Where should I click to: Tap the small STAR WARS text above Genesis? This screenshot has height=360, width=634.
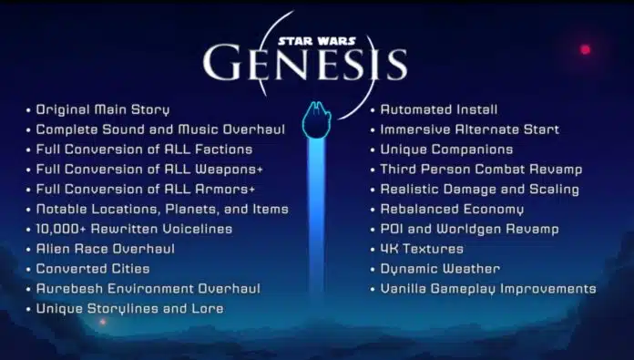(x=312, y=40)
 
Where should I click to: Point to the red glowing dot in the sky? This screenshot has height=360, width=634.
(x=585, y=49)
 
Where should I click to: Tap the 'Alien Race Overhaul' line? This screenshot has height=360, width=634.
(x=105, y=249)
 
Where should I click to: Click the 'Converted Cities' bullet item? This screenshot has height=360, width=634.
(x=93, y=269)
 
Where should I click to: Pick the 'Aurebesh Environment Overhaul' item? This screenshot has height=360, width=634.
(x=148, y=289)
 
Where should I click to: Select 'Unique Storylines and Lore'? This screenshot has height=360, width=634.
(x=129, y=309)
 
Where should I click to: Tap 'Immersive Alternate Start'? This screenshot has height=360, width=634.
(x=469, y=129)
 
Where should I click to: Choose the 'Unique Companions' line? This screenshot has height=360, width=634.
(x=446, y=149)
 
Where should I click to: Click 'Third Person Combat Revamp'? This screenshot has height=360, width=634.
(x=481, y=170)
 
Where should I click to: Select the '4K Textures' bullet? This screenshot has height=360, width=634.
(x=422, y=249)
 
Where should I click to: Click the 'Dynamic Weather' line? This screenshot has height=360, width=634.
(x=440, y=269)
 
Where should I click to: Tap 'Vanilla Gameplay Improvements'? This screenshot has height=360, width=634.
(x=487, y=289)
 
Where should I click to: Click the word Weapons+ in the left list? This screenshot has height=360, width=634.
(x=223, y=170)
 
